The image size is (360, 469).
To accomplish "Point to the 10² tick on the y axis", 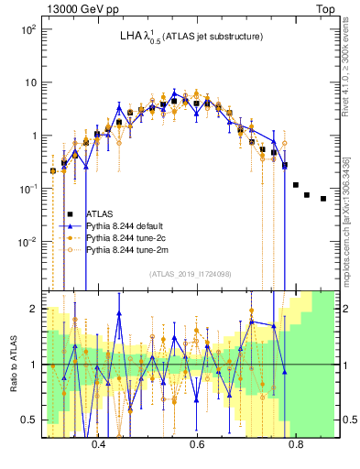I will click(x=28, y=29).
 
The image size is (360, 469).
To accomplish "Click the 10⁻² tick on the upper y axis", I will click(x=28, y=242).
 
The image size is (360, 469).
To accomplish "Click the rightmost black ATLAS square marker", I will click(x=322, y=198).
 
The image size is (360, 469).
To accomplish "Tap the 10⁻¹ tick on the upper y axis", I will click(x=28, y=189).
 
